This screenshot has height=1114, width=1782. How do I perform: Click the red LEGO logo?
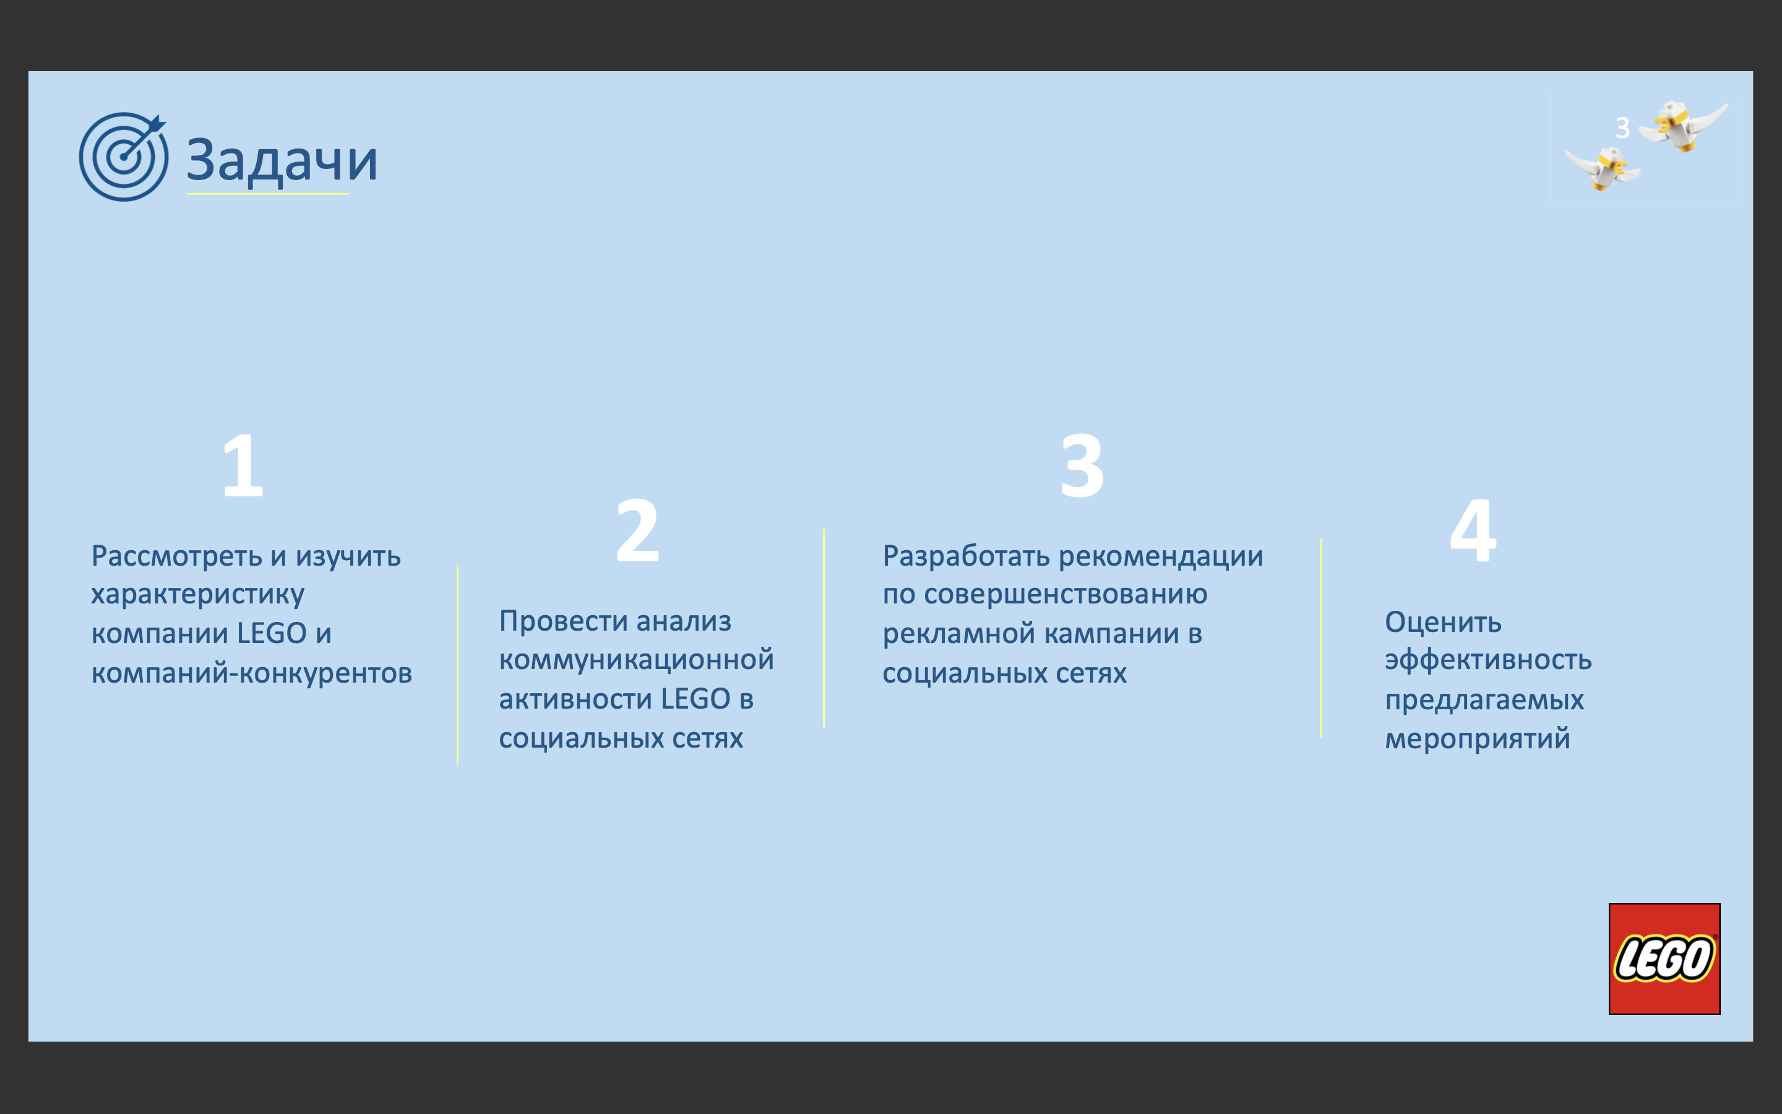pos(1664,959)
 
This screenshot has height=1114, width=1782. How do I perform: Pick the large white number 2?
pos(638,530)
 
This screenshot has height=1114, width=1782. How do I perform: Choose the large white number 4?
pos(1473,530)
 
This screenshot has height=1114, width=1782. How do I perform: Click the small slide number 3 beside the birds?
pos(1622,128)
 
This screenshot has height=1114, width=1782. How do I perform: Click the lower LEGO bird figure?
pos(1603,168)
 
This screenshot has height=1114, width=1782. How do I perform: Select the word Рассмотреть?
pos(177,556)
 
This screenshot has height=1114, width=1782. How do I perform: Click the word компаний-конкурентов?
pos(252,673)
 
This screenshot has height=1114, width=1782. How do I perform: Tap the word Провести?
pos(563,621)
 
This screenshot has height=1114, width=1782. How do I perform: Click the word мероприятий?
pos(1477,739)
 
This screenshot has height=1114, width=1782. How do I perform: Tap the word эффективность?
pos(1488,661)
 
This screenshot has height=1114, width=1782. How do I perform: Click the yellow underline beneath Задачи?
pos(267,194)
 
